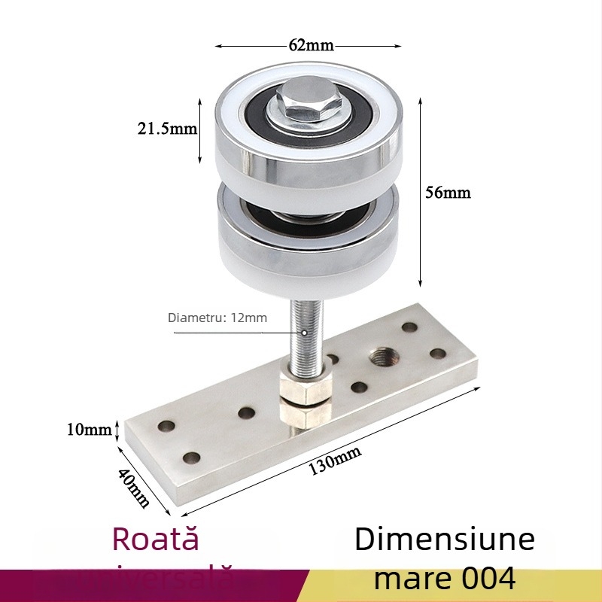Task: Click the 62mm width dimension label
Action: pos(310,44)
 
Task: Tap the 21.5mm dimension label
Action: pos(166,129)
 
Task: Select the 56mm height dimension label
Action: pos(448,193)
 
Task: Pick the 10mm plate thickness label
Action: pos(89,430)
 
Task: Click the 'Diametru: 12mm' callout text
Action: pos(217,318)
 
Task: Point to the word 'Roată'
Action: pos(156,539)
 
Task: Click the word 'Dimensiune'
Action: pos(445,540)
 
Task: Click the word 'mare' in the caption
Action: pos(406,578)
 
